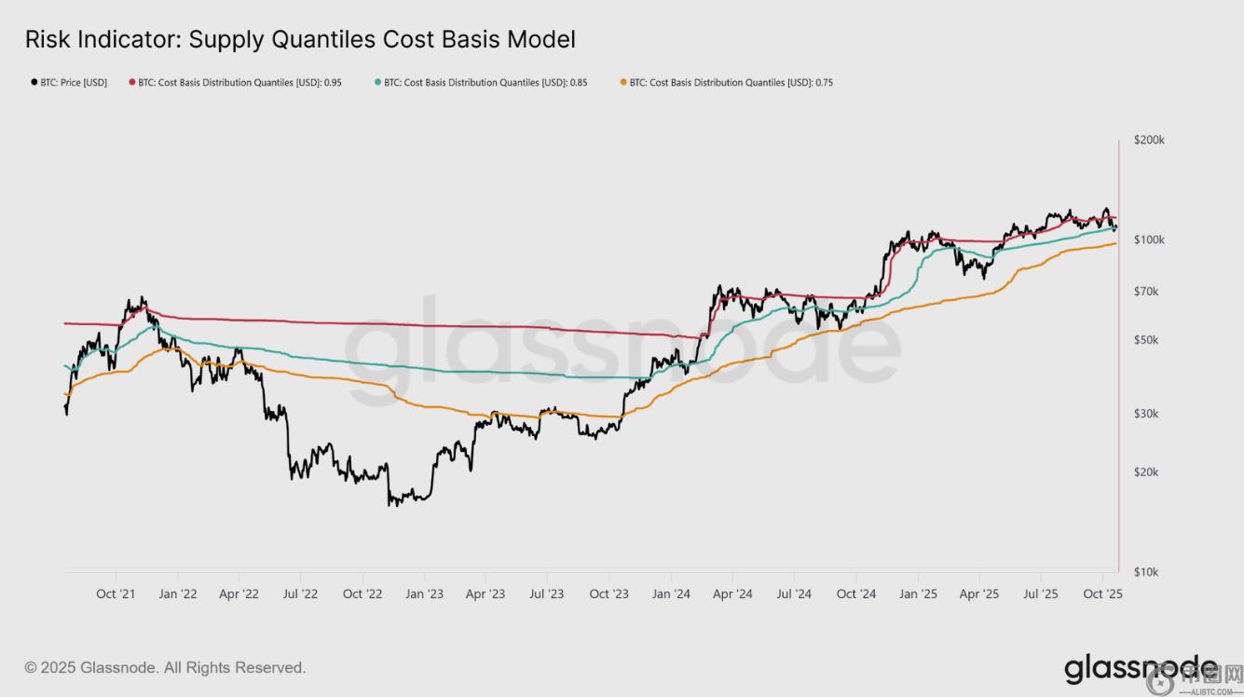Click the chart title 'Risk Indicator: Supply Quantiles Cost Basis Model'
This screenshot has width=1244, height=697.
click(300, 39)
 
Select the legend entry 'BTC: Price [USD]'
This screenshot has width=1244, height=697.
click(73, 83)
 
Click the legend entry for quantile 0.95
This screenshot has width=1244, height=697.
click(239, 83)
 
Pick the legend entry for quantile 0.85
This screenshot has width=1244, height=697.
click(485, 83)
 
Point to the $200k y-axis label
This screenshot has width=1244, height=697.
click(1149, 140)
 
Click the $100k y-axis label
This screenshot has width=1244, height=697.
click(1149, 239)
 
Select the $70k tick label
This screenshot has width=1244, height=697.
click(1146, 292)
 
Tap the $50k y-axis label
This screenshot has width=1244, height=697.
click(1146, 340)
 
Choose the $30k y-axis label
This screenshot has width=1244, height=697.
click(1146, 414)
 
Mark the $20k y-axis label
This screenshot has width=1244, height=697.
click(1146, 472)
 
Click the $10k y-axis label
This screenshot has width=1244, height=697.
click(1146, 572)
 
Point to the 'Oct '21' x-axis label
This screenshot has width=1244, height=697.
click(116, 594)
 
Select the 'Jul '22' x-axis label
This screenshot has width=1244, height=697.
click(300, 594)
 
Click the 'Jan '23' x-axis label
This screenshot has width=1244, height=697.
click(424, 594)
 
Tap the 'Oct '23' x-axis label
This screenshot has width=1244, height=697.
click(608, 594)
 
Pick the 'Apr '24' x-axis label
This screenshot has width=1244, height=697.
click(732, 594)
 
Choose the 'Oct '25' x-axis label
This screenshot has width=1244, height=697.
click(1102, 594)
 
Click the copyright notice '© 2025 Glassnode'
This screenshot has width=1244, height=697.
click(165, 668)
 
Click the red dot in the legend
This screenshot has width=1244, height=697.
click(132, 83)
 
